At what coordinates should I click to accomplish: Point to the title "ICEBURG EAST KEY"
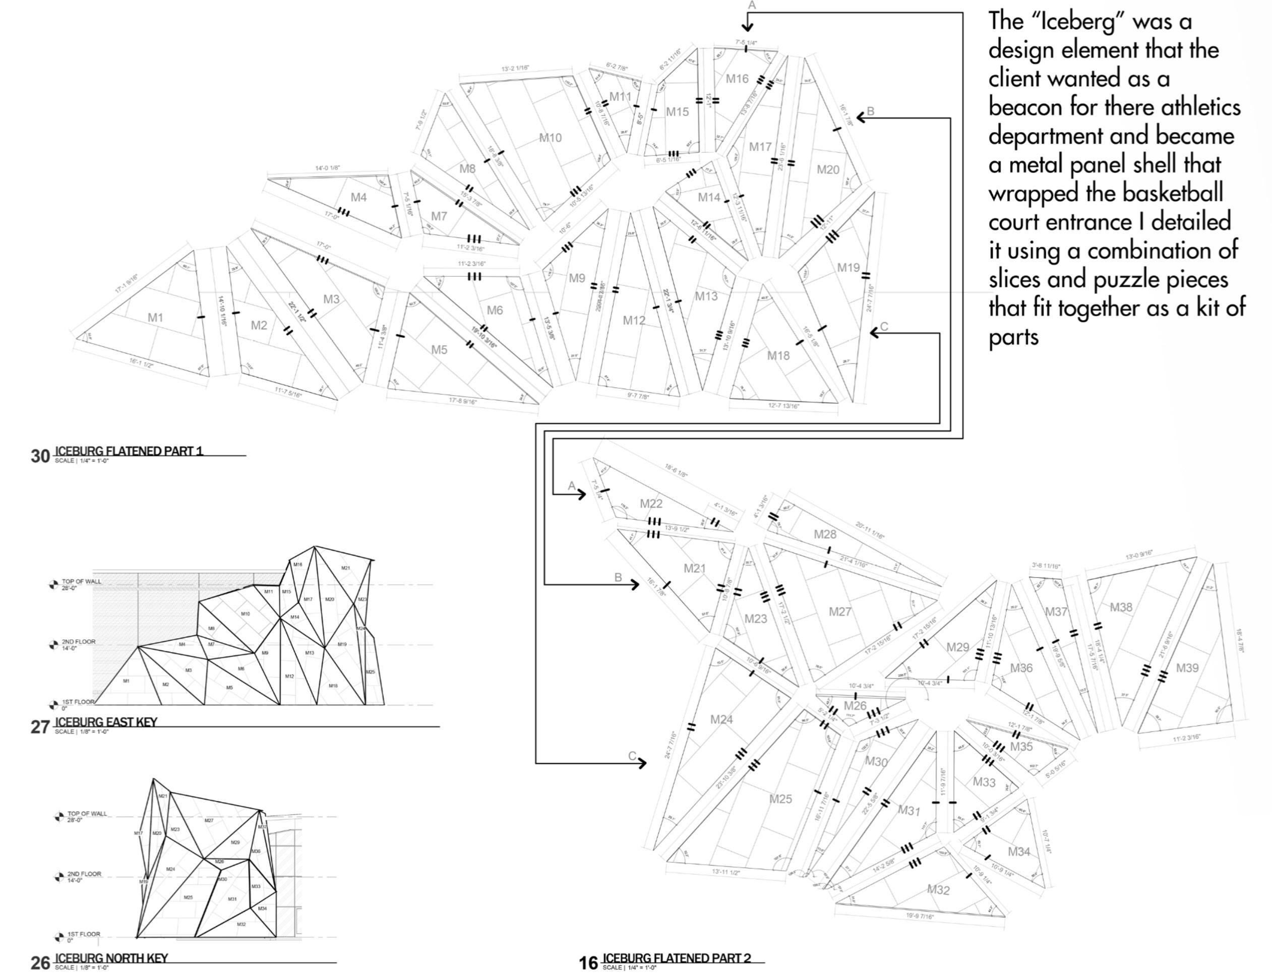coord(105,721)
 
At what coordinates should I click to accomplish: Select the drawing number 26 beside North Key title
coord(40,962)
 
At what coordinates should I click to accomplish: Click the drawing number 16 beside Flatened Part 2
coord(588,962)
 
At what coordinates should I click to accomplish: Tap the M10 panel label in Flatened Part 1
coord(550,138)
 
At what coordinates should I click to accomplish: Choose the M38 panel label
coord(1121,607)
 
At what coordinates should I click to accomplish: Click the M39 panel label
coord(1187,668)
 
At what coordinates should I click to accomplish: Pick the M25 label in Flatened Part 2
coord(780,799)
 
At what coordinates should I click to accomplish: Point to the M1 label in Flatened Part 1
coord(155,318)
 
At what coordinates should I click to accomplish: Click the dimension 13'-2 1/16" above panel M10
coord(515,69)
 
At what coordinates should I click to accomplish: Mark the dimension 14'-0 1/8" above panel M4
coord(327,168)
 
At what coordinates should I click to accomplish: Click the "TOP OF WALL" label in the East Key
coord(82,581)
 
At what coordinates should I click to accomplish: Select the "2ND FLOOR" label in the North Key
coord(85,873)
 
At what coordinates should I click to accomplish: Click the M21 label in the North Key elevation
coord(163,797)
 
